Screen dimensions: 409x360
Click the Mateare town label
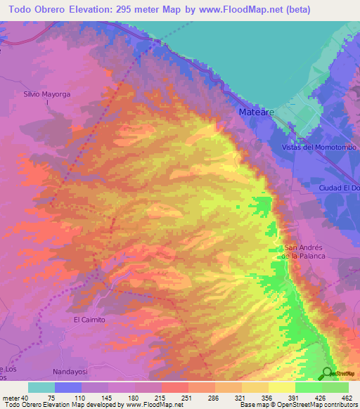click(x=251, y=112)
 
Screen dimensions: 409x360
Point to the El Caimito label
click(x=89, y=320)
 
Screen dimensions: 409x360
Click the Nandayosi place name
click(x=72, y=370)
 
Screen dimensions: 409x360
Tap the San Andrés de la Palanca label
click(x=303, y=252)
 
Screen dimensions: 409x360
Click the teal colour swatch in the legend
click(x=41, y=387)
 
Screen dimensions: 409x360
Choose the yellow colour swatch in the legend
click(x=281, y=387)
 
